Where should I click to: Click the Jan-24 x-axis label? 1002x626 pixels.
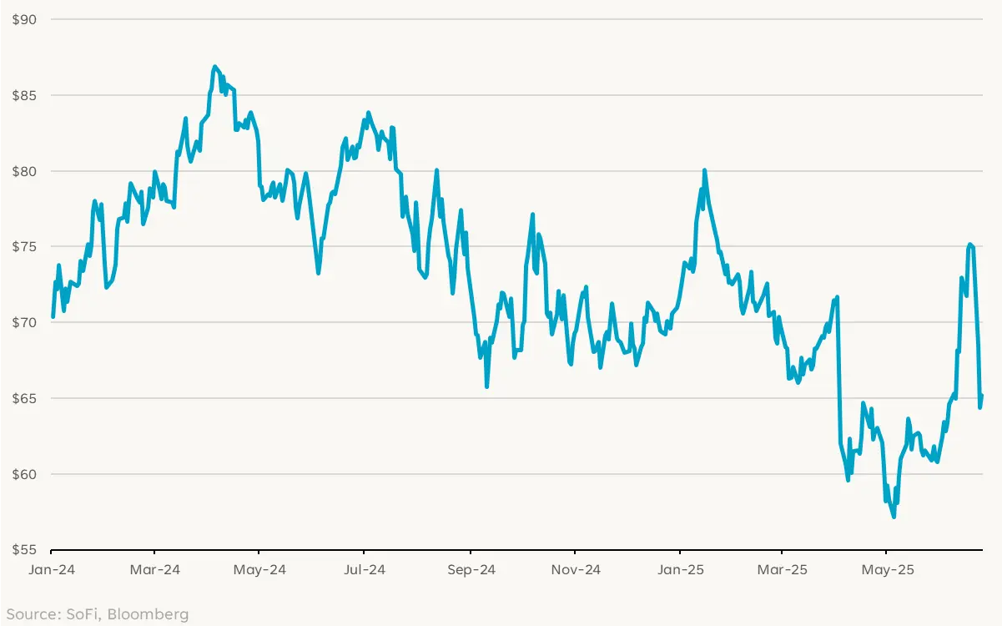(51, 570)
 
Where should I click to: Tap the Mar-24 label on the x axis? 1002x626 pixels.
(155, 570)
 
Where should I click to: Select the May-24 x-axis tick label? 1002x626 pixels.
(259, 570)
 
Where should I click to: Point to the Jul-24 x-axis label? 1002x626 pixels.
(364, 570)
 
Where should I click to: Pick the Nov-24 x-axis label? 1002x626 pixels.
(575, 570)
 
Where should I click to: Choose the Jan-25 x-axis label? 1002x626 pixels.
(679, 570)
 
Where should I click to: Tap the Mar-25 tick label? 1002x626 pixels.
(782, 570)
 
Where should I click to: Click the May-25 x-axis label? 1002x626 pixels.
(886, 570)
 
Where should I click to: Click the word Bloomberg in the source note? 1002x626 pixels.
(154, 615)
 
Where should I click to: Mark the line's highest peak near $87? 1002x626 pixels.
(214, 66)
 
